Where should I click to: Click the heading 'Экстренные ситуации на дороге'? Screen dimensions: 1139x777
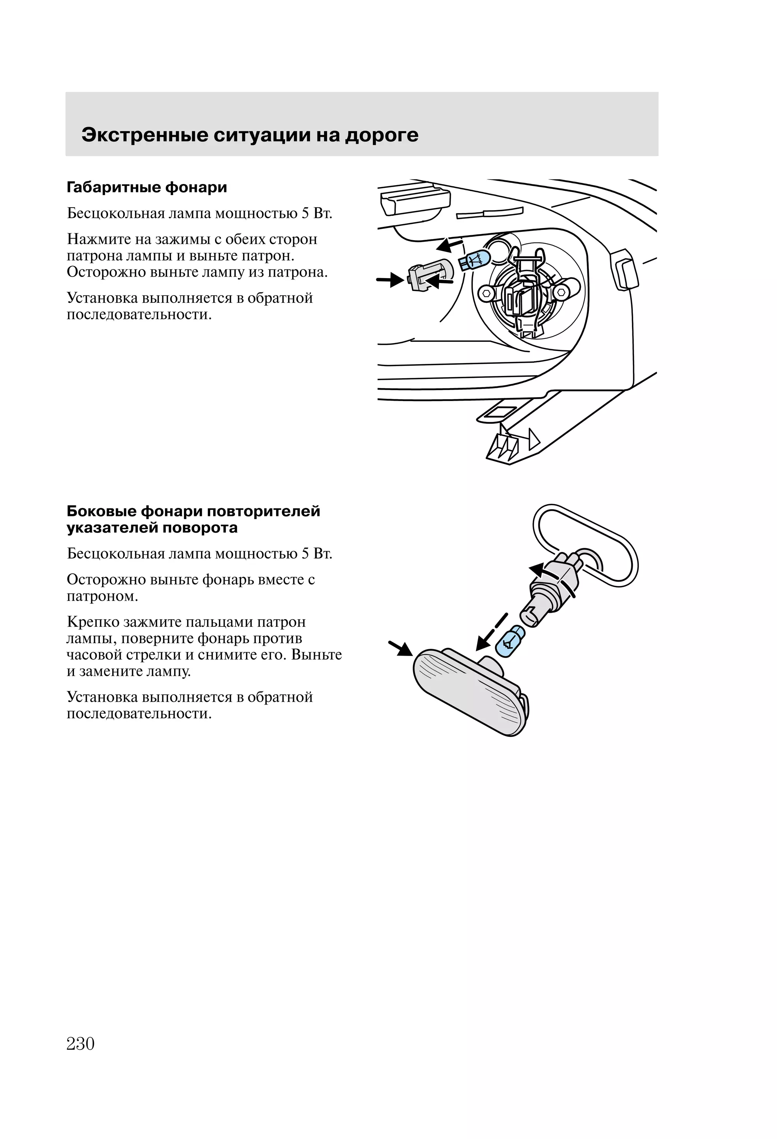click(250, 135)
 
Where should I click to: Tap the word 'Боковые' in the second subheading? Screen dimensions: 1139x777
click(101, 511)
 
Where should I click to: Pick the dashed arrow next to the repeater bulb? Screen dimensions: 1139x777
click(492, 632)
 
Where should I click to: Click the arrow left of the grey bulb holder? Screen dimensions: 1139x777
click(390, 280)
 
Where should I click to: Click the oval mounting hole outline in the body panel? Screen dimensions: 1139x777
click(586, 545)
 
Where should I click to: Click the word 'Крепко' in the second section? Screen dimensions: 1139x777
click(93, 622)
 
